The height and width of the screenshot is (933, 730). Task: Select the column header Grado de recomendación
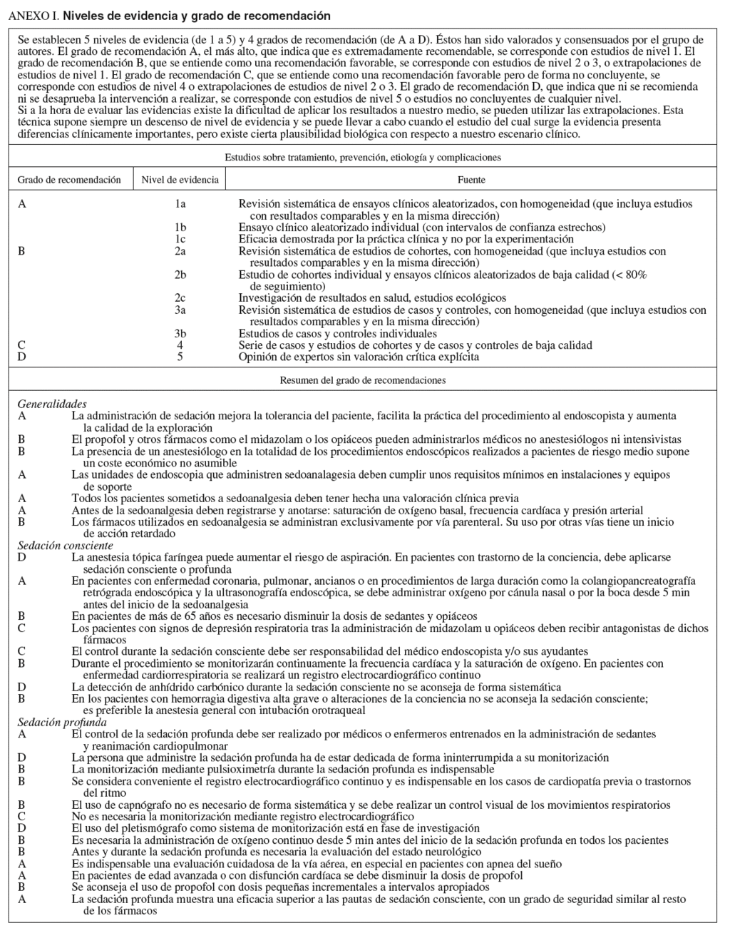[x=69, y=180]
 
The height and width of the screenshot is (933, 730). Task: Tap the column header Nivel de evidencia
[x=180, y=180]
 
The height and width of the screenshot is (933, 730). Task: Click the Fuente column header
[x=471, y=180]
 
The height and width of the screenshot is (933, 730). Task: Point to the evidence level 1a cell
[x=180, y=204]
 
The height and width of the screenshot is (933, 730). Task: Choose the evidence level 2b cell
[x=180, y=275]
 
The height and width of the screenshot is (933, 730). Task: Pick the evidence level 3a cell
[x=180, y=310]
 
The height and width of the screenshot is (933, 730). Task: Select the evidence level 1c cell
[x=180, y=240]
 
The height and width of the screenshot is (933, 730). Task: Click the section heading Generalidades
[x=52, y=404]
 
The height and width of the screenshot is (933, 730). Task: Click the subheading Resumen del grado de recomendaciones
[x=364, y=380]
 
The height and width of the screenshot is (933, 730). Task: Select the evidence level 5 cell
[x=180, y=357]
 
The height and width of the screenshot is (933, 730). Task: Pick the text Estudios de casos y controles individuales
[x=337, y=333]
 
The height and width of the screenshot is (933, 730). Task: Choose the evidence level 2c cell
[x=180, y=298]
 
